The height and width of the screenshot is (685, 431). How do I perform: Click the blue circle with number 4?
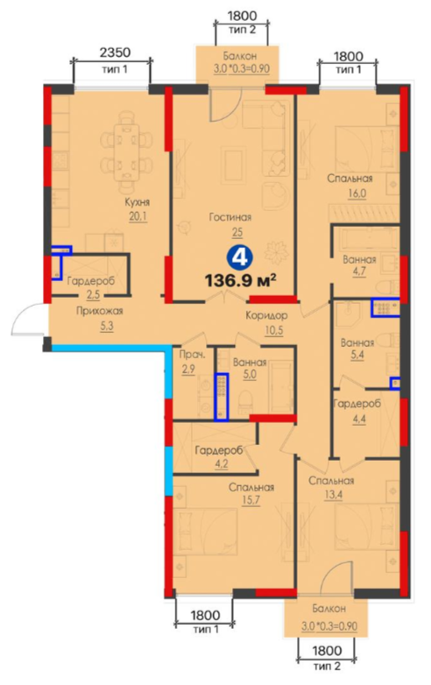[x=239, y=258]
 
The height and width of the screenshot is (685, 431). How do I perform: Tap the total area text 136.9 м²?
[x=241, y=280]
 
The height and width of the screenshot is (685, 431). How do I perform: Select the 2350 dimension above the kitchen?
[x=115, y=53]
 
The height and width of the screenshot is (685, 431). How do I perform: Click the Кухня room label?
[x=138, y=202]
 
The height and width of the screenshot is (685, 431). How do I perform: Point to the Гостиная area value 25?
[x=237, y=232]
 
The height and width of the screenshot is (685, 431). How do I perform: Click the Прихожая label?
[x=100, y=311]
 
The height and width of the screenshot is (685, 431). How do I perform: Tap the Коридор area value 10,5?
[x=273, y=330]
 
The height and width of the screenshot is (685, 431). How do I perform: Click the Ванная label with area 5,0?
[x=250, y=363]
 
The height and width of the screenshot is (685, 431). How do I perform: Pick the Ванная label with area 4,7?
[x=359, y=259]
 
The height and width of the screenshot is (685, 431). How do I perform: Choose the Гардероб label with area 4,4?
[x=357, y=404]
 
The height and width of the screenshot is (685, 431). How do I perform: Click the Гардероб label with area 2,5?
[x=91, y=281]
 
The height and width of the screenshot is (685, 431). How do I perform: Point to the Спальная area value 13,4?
[x=332, y=496]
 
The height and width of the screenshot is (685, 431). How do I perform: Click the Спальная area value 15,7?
[x=251, y=501]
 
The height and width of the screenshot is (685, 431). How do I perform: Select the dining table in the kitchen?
[x=127, y=152]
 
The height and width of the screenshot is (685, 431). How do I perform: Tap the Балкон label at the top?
[x=240, y=56]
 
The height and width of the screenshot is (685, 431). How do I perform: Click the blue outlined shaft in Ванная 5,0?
[x=222, y=397]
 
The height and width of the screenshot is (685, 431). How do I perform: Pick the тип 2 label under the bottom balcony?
[x=327, y=667]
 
